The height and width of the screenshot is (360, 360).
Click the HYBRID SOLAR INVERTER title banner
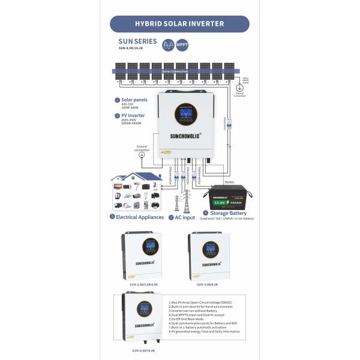pyautogui.click(x=179, y=24)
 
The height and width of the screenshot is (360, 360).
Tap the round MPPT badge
pyautogui.click(x=182, y=44)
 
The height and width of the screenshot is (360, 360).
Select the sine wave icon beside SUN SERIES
pyautogui.click(x=167, y=44)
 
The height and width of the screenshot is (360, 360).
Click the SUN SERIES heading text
pyautogui.click(x=137, y=41)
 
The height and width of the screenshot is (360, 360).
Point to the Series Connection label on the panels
pyautogui.click(x=174, y=71)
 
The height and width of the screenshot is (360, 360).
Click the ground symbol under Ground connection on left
pyautogui.click(x=142, y=155)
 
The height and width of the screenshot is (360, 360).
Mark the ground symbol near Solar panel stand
pyautogui.click(x=239, y=88)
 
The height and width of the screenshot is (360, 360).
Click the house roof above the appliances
pyautogui.click(x=136, y=177)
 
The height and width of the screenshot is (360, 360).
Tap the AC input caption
pyautogui.click(x=184, y=217)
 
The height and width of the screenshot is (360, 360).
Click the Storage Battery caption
pyautogui.click(x=227, y=212)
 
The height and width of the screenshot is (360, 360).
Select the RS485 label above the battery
pyautogui.click(x=229, y=182)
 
